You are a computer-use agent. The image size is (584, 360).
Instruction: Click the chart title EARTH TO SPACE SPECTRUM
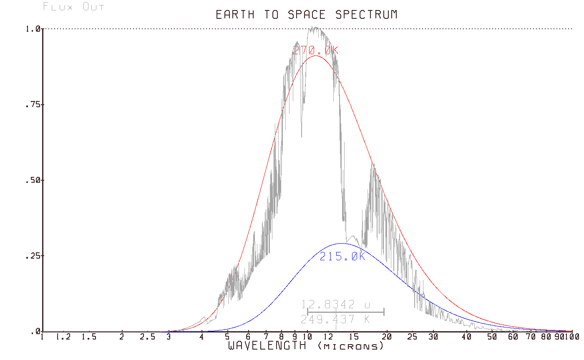tap(306, 15)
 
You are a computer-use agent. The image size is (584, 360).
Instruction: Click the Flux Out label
tap(73, 7)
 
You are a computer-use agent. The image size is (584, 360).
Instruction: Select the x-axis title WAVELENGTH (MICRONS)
tap(305, 346)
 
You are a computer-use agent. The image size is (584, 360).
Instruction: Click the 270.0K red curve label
tap(315, 50)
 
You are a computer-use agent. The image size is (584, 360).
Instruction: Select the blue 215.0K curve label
tap(342, 257)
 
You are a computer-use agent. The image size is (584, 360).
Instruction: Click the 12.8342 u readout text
tap(335, 305)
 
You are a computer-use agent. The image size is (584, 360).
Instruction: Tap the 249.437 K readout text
tap(335, 320)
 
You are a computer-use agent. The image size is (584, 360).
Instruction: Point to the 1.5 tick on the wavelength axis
tap(89, 337)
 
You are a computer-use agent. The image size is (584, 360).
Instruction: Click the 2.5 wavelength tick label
tap(148, 337)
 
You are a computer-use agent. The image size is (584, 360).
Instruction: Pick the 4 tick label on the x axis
tap(201, 337)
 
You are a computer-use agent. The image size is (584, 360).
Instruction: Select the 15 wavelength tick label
tap(353, 337)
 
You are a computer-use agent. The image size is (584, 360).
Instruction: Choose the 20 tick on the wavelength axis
tap(387, 337)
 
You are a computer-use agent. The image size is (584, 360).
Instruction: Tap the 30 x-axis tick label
tap(433, 337)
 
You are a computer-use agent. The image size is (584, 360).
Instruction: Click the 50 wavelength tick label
tap(493, 337)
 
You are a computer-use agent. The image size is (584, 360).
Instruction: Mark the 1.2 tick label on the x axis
tap(64, 337)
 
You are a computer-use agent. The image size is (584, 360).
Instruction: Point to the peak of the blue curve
tap(342, 243)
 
